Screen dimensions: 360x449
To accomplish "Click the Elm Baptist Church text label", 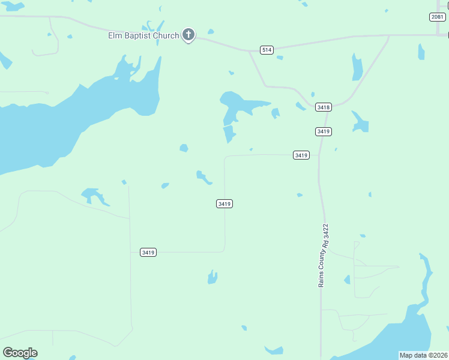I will click(143, 36).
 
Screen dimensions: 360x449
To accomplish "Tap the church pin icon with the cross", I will click(188, 35).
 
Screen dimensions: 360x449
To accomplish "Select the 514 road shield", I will click(267, 50).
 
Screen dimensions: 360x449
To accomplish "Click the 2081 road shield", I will click(438, 17).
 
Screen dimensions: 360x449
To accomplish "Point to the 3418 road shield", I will click(324, 107).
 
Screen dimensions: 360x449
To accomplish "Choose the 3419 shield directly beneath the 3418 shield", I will click(324, 131).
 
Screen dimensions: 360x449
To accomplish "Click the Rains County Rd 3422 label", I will click(324, 255).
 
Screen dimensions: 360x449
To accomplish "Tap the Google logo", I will click(20, 353).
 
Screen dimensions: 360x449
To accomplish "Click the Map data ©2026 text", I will click(423, 355).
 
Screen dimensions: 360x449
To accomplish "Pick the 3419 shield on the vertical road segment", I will click(224, 204).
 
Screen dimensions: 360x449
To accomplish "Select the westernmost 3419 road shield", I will click(148, 253).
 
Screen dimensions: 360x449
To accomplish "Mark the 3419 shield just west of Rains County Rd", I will click(301, 155).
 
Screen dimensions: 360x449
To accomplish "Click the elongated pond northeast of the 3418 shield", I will click(357, 67).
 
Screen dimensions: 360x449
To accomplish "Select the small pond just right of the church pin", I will click(211, 32).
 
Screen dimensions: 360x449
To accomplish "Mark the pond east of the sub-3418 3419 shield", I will click(360, 123).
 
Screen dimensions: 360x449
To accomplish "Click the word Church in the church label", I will click(166, 36).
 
